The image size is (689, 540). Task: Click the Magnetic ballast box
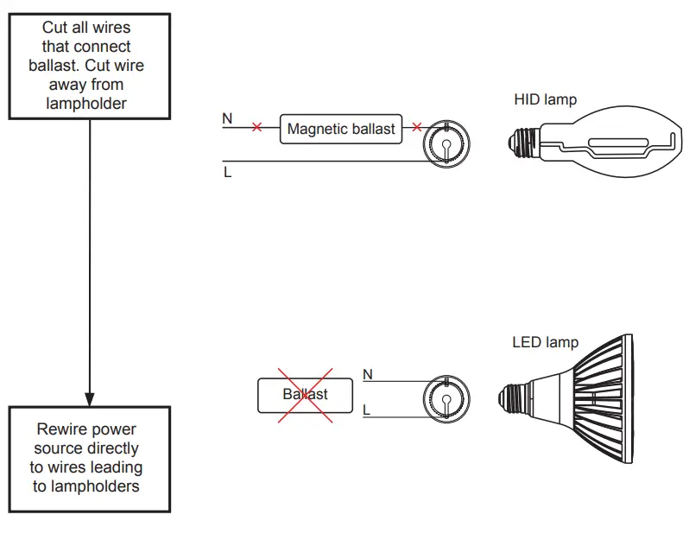340,129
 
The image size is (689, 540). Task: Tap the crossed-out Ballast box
305,394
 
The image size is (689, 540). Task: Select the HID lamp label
545,99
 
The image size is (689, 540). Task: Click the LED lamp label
545,343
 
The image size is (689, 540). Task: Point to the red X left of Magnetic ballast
256,128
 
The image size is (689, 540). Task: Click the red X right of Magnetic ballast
417,128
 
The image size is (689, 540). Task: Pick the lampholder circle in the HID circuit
446,143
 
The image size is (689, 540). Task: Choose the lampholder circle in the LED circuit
446,401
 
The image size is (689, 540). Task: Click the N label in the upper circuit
227,118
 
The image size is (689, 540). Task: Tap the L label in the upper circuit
228,172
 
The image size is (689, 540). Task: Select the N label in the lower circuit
367,374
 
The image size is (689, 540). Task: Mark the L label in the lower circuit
367,410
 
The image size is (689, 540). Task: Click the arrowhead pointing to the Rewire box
90,397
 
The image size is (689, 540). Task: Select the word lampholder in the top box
89,104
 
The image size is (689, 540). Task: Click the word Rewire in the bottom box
61,429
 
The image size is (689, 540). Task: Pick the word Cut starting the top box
56,28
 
